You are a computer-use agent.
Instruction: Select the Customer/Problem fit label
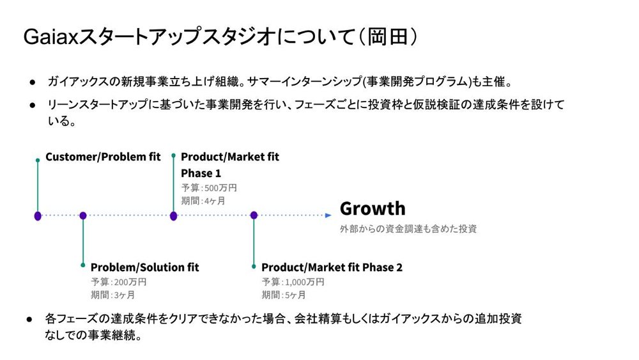point(103,157)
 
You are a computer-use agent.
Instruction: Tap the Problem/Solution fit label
point(144,267)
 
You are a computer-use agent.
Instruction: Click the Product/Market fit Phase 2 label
point(332,267)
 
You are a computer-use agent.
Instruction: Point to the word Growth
point(373,208)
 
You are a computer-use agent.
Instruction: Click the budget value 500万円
point(220,188)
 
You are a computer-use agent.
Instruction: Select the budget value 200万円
point(130,282)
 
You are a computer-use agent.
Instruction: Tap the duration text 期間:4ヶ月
point(203,201)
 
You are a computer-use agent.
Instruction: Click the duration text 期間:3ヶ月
point(113,295)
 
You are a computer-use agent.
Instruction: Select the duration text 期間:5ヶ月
point(284,295)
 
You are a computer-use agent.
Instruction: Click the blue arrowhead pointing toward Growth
point(328,215)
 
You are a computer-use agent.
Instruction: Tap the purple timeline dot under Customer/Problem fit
point(38,215)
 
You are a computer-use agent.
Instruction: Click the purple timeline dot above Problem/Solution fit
point(83,215)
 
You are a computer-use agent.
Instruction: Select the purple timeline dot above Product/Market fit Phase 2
point(254,215)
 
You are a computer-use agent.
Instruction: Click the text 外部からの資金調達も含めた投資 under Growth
point(408,228)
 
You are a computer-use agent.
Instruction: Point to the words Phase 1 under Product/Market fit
point(201,173)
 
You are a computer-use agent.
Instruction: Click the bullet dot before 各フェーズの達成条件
point(29,318)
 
